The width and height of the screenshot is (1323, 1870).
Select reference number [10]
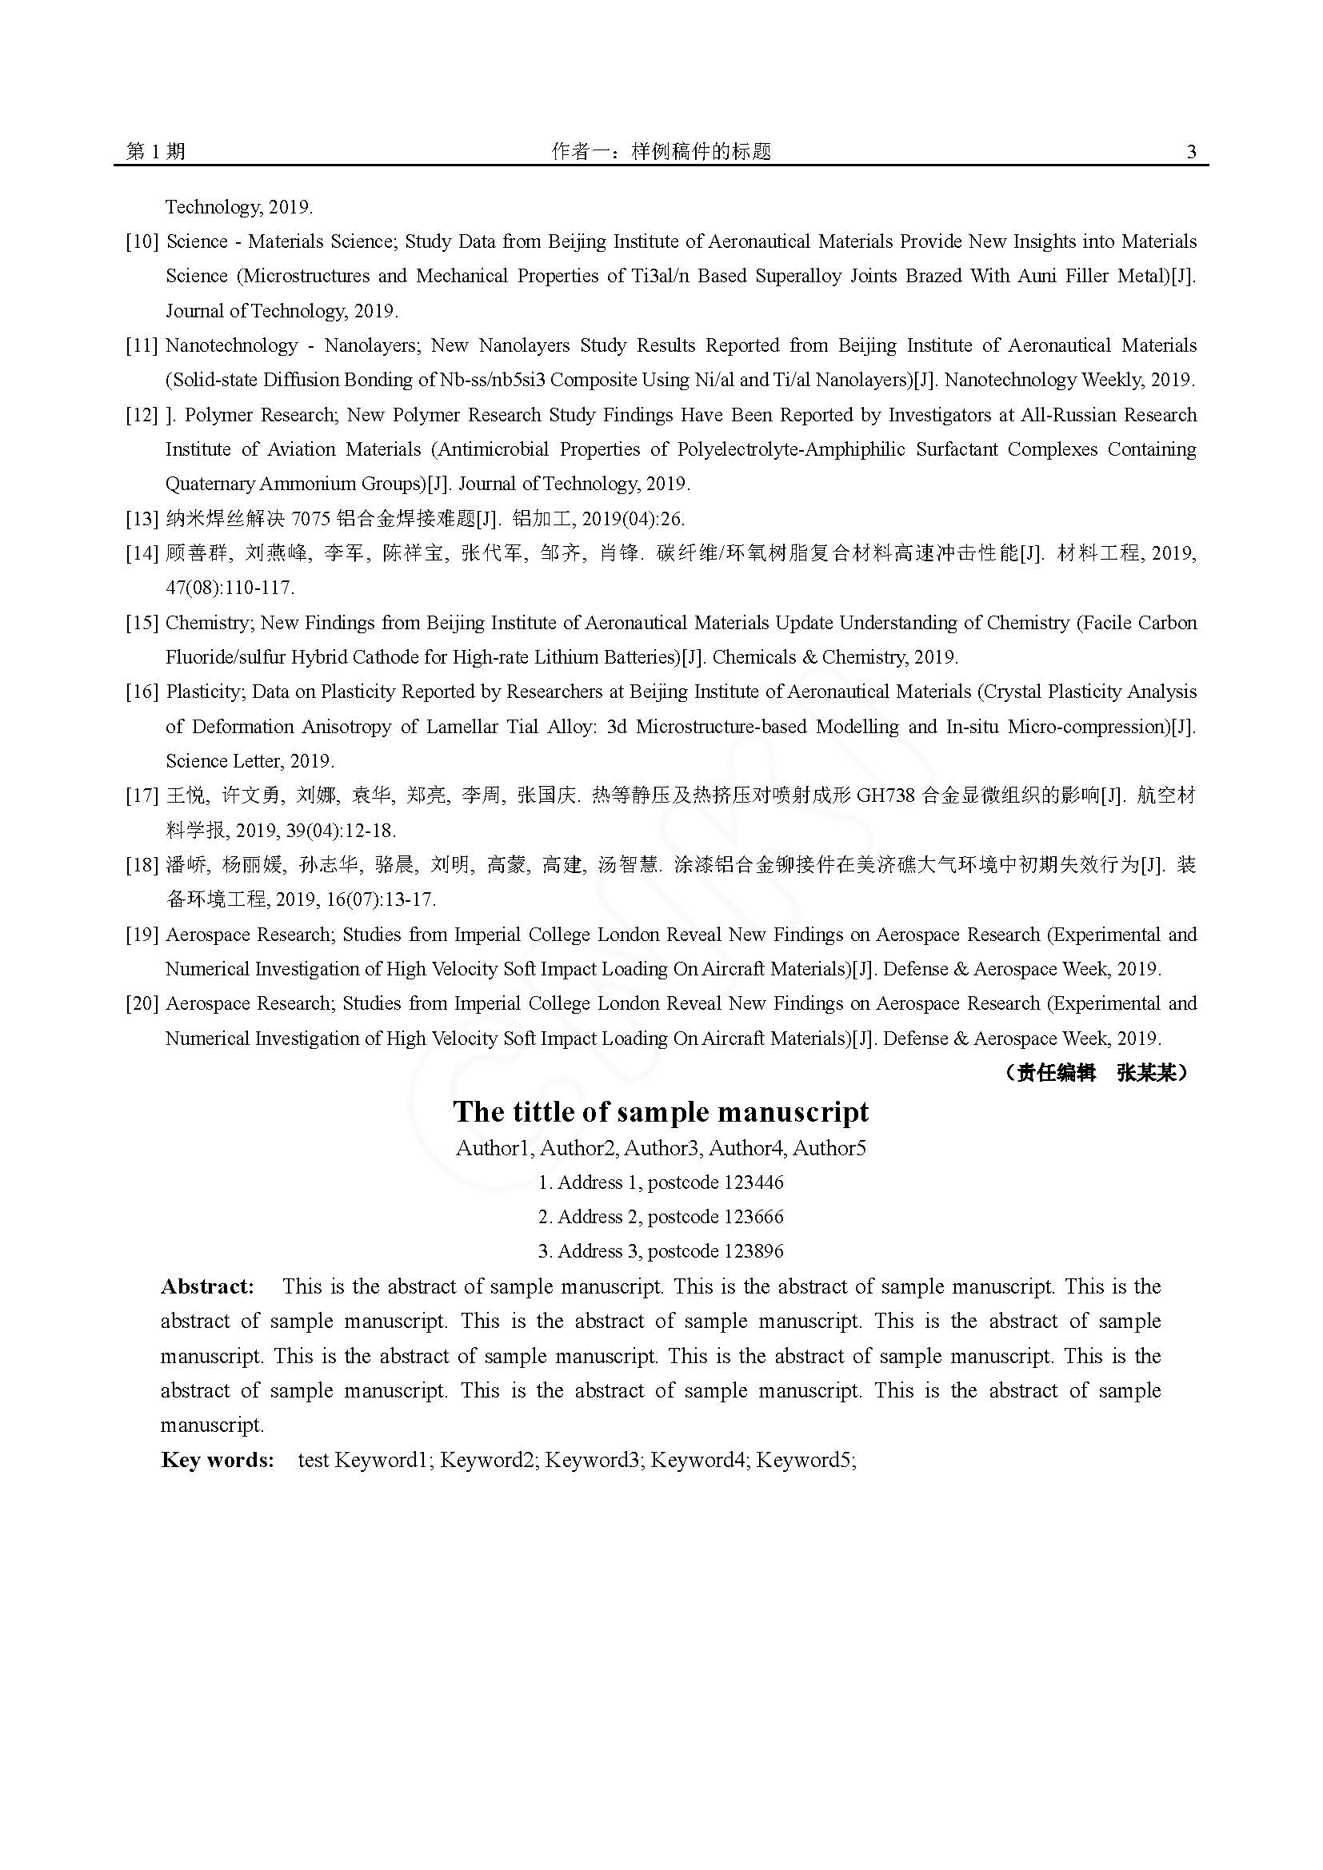point(142,242)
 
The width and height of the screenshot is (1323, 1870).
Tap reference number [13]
point(142,519)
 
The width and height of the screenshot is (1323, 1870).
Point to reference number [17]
point(142,795)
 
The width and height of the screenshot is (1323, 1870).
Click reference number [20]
point(142,1003)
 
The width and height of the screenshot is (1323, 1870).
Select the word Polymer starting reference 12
point(220,416)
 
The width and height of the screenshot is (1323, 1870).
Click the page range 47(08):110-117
point(230,588)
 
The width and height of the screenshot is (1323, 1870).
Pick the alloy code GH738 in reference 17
point(885,795)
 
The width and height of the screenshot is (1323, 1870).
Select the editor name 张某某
point(1146,1073)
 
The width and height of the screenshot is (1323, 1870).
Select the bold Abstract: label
point(208,1287)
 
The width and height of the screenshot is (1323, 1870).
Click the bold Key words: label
point(218,1460)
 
